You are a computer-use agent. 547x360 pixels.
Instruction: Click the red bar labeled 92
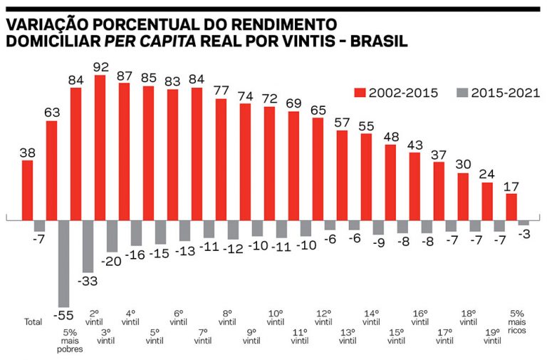(100, 148)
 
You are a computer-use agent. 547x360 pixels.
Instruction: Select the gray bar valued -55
(63, 264)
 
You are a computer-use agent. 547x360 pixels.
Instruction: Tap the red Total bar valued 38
(28, 190)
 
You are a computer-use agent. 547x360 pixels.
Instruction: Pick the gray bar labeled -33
(88, 242)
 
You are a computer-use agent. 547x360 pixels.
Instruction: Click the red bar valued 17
(511, 207)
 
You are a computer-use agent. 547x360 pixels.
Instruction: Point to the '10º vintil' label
(276, 318)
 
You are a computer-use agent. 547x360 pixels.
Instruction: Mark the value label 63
(51, 112)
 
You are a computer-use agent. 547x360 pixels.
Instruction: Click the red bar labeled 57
(342, 175)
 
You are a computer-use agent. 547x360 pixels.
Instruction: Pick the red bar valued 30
(463, 197)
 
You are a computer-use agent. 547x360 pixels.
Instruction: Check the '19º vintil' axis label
(492, 336)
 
